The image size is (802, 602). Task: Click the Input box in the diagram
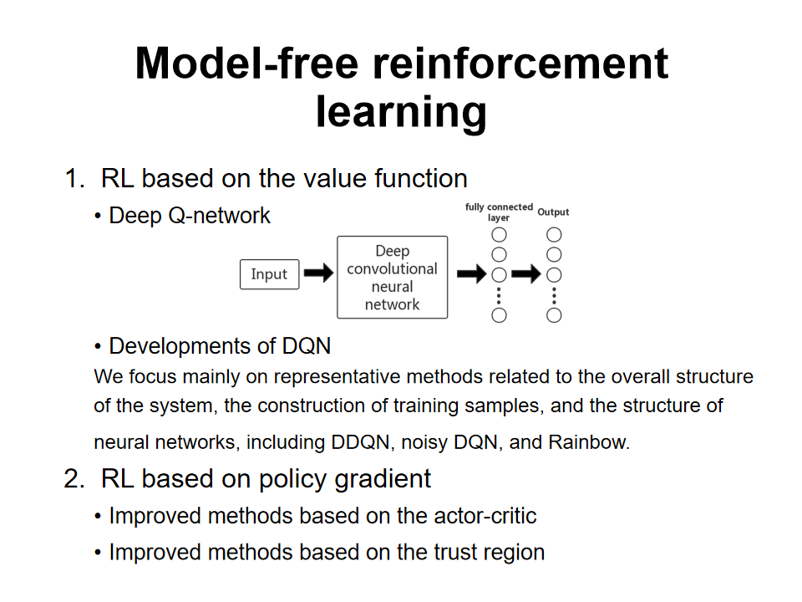click(x=269, y=274)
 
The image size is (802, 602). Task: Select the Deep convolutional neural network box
click(x=392, y=277)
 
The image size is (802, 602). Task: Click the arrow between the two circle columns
click(x=526, y=273)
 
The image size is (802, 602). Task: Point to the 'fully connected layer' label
click(x=499, y=212)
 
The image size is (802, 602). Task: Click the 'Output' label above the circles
click(x=553, y=212)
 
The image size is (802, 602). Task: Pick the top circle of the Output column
click(x=554, y=235)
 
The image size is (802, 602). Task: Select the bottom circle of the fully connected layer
click(x=500, y=315)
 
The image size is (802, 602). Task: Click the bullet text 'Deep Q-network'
click(x=190, y=216)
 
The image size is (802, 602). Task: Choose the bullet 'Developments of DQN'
click(x=220, y=345)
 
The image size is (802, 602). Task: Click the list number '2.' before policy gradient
click(x=74, y=479)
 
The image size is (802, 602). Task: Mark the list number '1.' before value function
click(x=74, y=178)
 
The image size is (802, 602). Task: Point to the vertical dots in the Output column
click(x=554, y=295)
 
